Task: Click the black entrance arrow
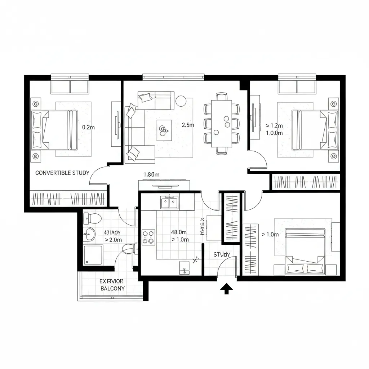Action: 226,289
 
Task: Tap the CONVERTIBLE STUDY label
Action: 62,173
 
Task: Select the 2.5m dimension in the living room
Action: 188,125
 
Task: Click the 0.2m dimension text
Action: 89,127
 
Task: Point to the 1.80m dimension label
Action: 151,174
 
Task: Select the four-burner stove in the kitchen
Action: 148,237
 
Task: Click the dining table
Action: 222,123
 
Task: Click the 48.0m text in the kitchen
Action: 178,232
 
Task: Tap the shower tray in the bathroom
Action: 93,255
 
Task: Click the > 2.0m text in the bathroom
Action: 113,240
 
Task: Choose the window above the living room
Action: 173,77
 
